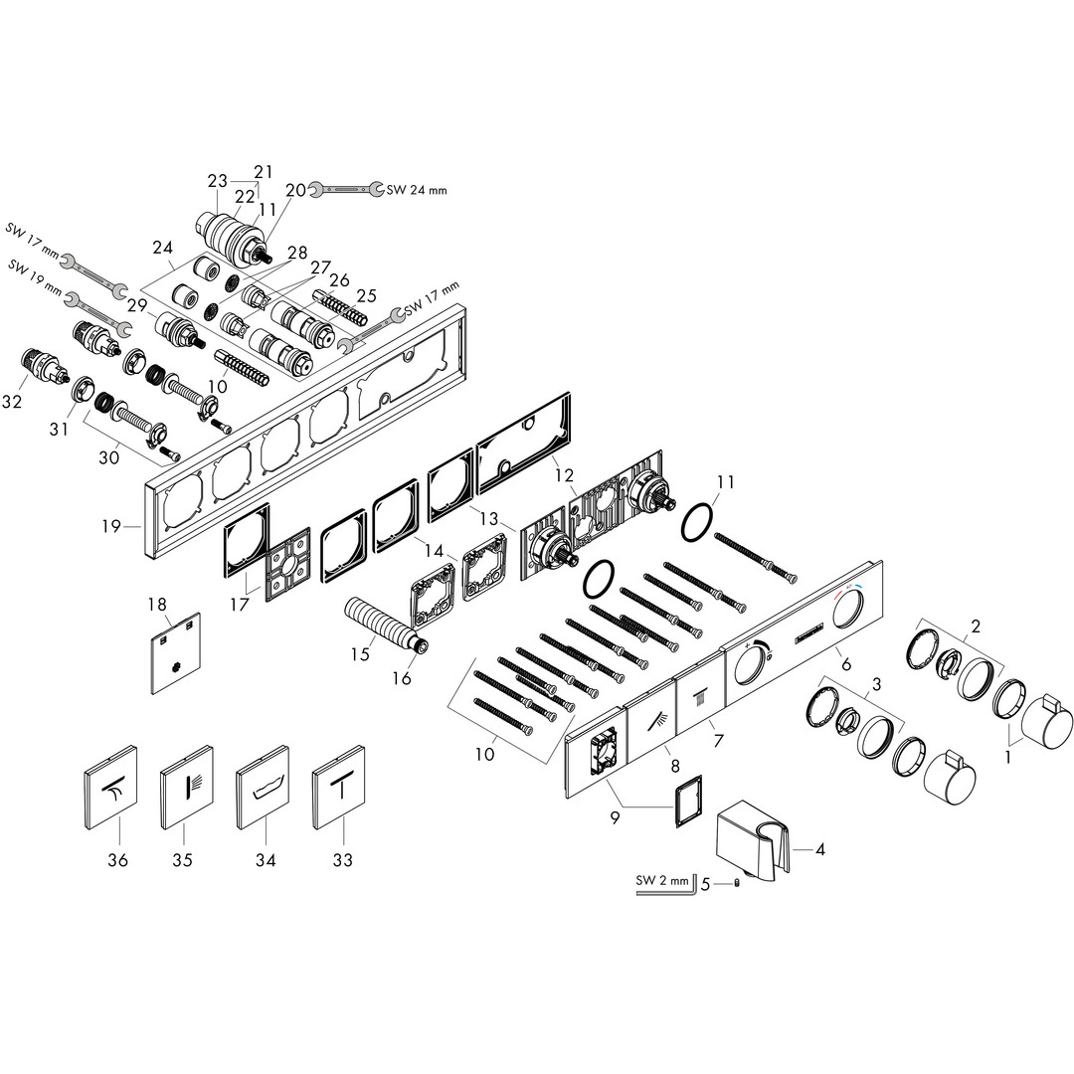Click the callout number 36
(117, 859)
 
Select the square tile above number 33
(338, 788)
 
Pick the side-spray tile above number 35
(186, 788)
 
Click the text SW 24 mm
(417, 190)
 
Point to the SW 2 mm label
(662, 881)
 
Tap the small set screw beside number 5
(737, 884)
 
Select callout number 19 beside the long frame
(111, 526)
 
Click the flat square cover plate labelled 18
(176, 652)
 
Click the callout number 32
(12, 401)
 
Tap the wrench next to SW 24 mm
(346, 188)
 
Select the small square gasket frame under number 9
(688, 802)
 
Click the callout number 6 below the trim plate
(846, 663)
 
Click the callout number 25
(366, 296)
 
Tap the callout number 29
(137, 305)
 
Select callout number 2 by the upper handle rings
(977, 626)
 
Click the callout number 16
(402, 678)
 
